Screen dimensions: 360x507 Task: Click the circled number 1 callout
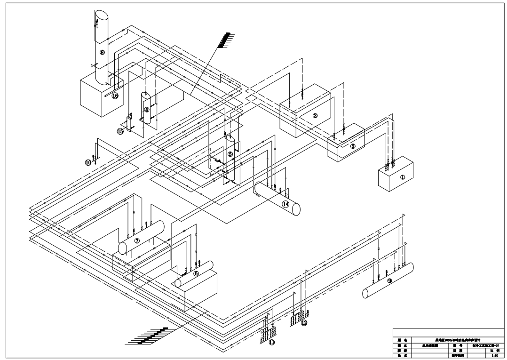coord(403,177)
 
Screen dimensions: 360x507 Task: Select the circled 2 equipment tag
coord(353,146)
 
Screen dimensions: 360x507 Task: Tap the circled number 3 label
coord(315,115)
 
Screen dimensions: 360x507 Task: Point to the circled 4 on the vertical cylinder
coord(147,109)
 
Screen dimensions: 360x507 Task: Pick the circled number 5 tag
coord(230,154)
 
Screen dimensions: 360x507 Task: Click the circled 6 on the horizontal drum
coord(196,273)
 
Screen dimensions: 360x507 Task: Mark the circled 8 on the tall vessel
coord(102,52)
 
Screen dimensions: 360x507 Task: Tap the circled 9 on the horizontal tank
coord(389,280)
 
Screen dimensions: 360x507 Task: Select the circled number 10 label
coord(88,162)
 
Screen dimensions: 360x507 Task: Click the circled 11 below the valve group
coord(271,343)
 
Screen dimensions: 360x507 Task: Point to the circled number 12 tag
coord(304,323)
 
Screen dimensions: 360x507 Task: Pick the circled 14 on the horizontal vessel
coord(285,204)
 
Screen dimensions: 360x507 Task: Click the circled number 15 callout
coord(120,131)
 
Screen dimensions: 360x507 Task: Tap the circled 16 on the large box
coord(115,96)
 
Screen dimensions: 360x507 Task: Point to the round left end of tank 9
coord(365,294)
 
